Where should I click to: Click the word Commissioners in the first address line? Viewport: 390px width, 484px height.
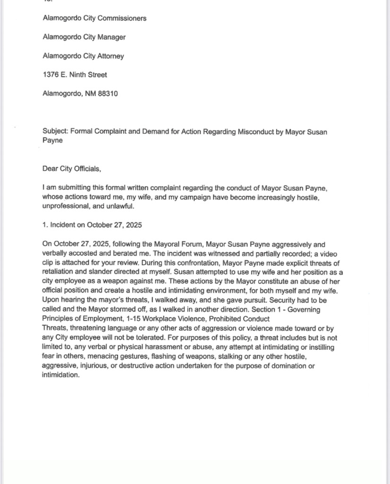[x=121, y=18]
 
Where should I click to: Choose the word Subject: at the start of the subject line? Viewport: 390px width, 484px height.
[x=54, y=132]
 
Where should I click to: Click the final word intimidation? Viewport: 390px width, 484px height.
[x=61, y=375]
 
